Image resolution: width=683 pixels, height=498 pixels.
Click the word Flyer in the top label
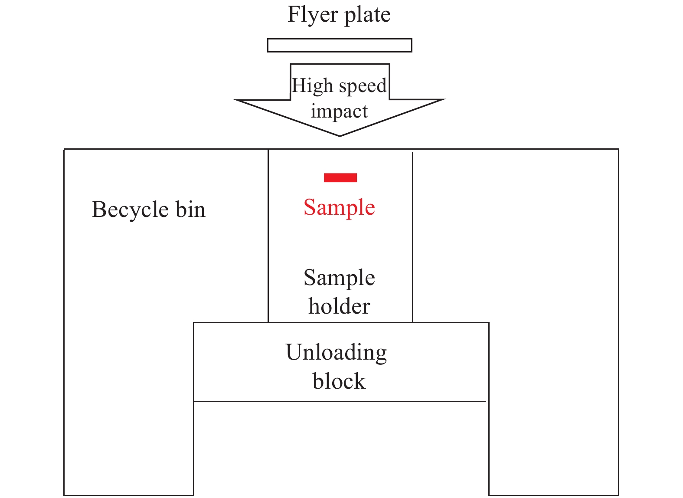(x=313, y=15)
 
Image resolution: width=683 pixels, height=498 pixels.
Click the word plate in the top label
(x=367, y=15)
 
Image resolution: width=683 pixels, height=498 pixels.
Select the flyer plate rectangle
(x=340, y=45)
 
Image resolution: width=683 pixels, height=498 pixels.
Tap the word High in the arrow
(x=312, y=86)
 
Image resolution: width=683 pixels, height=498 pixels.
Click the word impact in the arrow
(x=339, y=111)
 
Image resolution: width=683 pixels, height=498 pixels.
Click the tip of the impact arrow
(x=340, y=135)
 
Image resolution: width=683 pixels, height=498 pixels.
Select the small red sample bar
(x=340, y=177)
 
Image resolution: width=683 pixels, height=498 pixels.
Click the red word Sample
(x=339, y=208)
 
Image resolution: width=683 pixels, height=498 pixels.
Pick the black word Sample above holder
(x=339, y=278)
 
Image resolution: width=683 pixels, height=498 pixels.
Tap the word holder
(x=339, y=306)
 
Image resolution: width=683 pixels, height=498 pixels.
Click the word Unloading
(x=337, y=352)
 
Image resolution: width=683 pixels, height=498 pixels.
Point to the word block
(x=339, y=381)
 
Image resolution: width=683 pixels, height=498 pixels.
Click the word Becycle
(x=130, y=210)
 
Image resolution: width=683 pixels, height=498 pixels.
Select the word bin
(x=190, y=210)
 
